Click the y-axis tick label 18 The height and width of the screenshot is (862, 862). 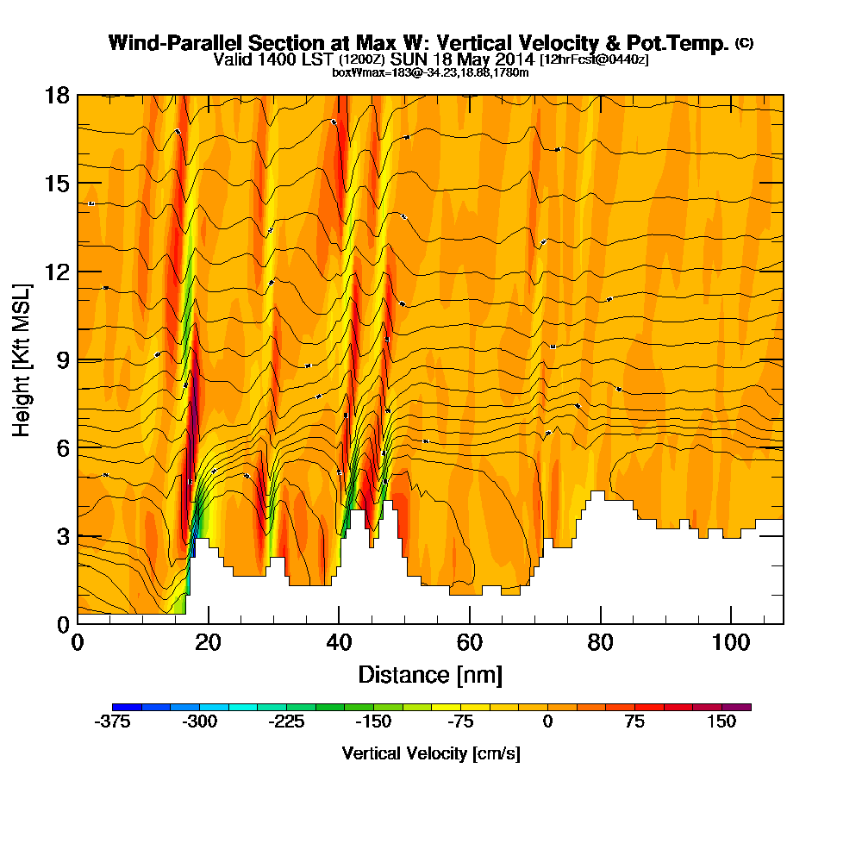[x=57, y=95]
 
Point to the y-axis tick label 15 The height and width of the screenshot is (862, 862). [x=57, y=183]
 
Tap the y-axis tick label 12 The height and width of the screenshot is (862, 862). [x=57, y=272]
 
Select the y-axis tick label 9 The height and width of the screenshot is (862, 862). [x=62, y=359]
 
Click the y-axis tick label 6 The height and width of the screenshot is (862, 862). [x=62, y=447]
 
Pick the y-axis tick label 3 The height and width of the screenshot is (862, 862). [x=62, y=536]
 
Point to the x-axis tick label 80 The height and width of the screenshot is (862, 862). [x=600, y=642]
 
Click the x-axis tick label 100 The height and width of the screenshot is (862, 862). [x=731, y=642]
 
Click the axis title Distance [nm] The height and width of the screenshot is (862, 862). [x=430, y=674]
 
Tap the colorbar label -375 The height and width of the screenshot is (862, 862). [x=112, y=722]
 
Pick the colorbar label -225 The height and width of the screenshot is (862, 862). [x=286, y=722]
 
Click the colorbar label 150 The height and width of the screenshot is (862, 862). [x=721, y=722]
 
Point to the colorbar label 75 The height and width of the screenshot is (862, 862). [x=634, y=722]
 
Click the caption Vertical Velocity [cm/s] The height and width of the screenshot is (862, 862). [x=431, y=753]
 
